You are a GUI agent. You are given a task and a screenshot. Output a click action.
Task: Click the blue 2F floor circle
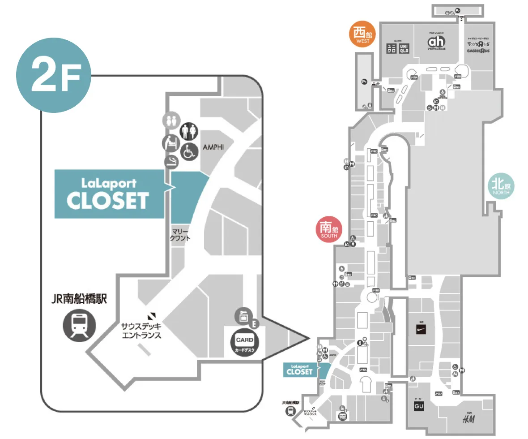tap(54, 75)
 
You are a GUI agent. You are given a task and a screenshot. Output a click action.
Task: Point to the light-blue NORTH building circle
tap(501, 186)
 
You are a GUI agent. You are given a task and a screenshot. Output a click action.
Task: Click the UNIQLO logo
tap(398, 47)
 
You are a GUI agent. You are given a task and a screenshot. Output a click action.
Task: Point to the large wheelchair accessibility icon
tap(189, 152)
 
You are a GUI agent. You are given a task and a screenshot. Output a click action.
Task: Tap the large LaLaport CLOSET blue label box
tap(108, 194)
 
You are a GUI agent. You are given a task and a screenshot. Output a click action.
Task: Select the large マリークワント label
tap(181, 235)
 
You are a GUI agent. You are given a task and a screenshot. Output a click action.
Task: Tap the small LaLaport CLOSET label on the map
tap(299, 370)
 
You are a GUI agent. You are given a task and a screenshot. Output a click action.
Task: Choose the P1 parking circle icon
tap(364, 82)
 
